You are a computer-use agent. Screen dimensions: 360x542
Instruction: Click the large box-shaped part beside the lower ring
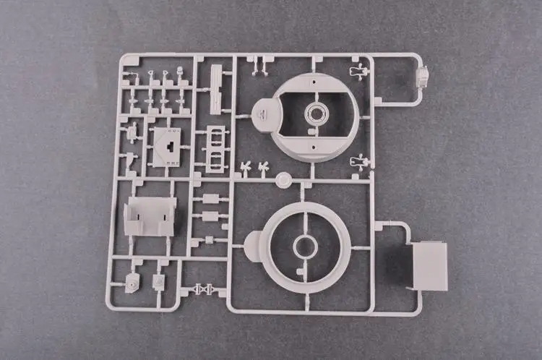click(429, 263)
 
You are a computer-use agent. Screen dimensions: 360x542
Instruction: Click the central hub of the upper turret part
click(316, 113)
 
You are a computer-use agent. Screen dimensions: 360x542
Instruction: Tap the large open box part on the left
click(150, 216)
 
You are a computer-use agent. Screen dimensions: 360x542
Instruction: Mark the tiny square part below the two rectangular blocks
click(209, 239)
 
